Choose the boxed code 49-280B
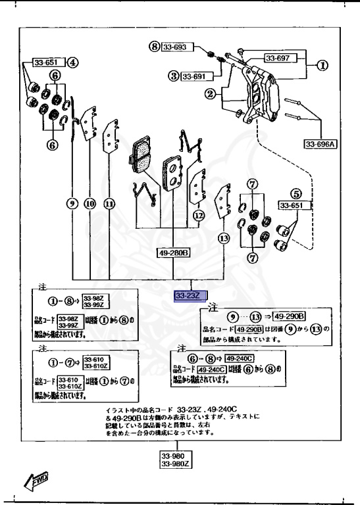pos(173,251)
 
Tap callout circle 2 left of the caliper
pos(210,95)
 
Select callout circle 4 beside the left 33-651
pos(72,63)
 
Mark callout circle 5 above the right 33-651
pos(296,194)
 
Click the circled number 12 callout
pos(199,214)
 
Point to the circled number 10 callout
pos(90,204)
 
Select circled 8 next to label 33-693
pos(155,47)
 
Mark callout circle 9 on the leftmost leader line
pos(72,204)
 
